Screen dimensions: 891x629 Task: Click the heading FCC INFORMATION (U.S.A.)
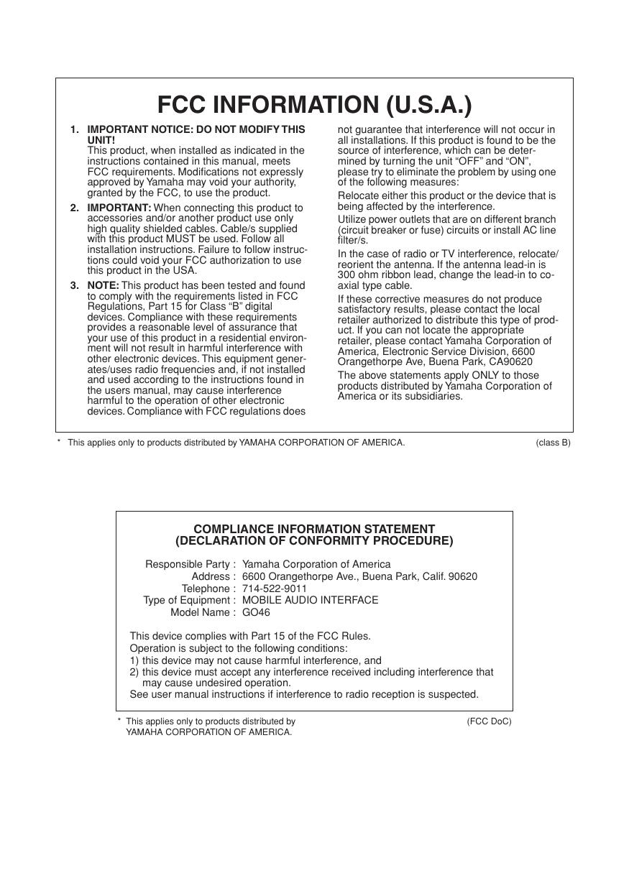(314, 105)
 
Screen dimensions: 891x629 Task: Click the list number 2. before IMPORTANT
(75, 208)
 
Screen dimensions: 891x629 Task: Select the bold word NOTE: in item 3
(103, 285)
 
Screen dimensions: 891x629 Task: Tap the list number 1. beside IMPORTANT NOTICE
(75, 129)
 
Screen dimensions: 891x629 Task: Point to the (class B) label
(553, 443)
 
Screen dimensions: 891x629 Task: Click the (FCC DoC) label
(489, 721)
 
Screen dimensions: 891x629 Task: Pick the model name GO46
(256, 612)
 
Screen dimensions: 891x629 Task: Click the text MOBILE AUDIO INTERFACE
(310, 600)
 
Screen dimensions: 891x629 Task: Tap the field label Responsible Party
(188, 564)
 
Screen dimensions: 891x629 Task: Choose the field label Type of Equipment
(187, 600)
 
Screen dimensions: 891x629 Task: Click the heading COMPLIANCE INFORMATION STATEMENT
(314, 529)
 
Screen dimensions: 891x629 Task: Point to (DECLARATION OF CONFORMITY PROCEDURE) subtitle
(314, 541)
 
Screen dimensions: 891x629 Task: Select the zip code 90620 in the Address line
(462, 576)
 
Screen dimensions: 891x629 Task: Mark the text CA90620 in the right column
(510, 361)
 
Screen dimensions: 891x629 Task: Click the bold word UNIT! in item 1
(101, 139)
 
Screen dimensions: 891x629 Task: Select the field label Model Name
(201, 612)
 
